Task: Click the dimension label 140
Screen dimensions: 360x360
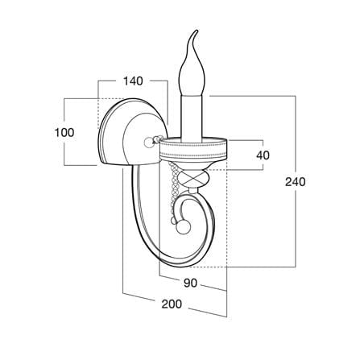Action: [x=133, y=81]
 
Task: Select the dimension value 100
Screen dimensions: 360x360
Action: [x=64, y=133]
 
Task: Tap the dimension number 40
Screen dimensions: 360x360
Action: [x=263, y=155]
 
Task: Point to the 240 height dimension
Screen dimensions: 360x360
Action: [x=296, y=182]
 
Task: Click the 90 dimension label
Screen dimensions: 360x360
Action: [x=191, y=283]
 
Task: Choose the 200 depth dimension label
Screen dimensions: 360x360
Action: [x=172, y=304]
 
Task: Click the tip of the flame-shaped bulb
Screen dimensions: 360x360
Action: [x=197, y=30]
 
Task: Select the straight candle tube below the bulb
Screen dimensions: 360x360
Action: [x=192, y=118]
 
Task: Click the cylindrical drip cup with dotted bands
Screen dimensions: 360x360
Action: [x=193, y=149]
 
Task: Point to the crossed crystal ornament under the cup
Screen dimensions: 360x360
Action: [x=193, y=178]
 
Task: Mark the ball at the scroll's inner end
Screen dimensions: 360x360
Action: [x=183, y=228]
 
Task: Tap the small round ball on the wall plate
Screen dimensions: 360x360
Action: [x=148, y=142]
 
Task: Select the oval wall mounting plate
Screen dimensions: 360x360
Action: [x=131, y=131]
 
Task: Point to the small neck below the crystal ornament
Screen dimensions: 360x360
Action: [x=192, y=191]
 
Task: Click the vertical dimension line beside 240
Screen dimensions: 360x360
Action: [x=296, y=181]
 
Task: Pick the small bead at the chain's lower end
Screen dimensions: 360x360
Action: [x=174, y=221]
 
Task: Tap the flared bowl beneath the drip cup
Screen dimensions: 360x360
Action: [x=192, y=166]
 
